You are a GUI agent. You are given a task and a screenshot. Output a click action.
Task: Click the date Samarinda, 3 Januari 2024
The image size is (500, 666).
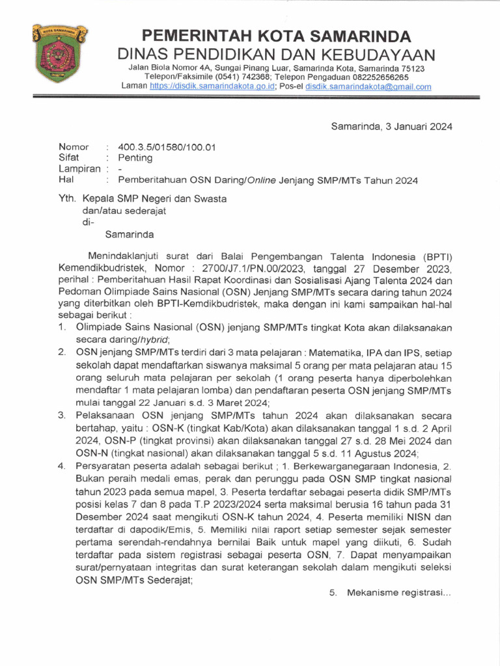point(391,126)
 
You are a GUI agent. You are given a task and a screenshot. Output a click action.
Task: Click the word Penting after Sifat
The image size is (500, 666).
point(135,158)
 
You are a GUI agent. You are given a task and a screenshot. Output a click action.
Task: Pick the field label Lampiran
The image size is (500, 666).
point(79,169)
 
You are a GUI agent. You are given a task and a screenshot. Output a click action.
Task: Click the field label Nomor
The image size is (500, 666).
point(74,147)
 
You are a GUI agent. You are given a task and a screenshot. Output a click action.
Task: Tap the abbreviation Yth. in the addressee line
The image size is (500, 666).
point(68,200)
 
